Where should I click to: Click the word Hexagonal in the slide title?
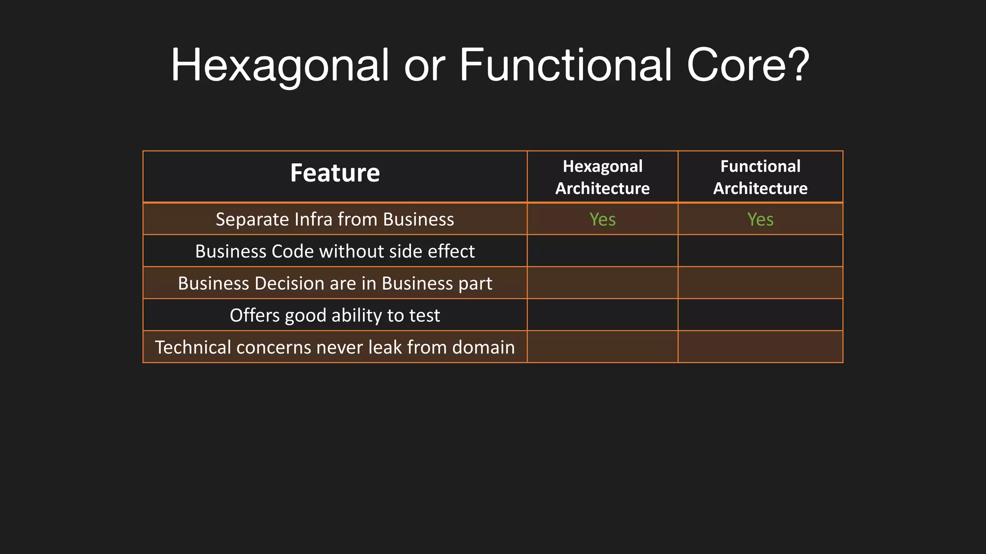(280, 65)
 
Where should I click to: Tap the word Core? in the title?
(748, 65)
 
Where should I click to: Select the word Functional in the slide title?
(565, 65)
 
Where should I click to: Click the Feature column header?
(335, 173)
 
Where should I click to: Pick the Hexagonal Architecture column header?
(602, 177)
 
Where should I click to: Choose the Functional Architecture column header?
(760, 177)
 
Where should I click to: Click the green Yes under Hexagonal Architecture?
(602, 219)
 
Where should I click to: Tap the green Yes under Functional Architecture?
(760, 219)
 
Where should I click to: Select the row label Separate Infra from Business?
(335, 219)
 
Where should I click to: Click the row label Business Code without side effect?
(335, 252)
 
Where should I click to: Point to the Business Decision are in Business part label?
(335, 283)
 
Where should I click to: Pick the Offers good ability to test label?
(335, 315)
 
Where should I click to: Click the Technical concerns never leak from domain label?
(335, 347)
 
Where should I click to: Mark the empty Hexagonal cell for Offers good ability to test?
(602, 315)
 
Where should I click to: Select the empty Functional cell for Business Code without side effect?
(760, 251)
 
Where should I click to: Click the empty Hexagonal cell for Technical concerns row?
(602, 347)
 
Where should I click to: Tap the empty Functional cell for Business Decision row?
(760, 283)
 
